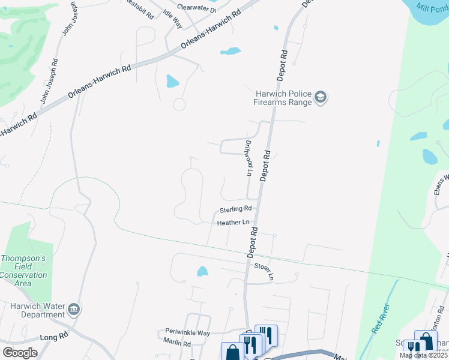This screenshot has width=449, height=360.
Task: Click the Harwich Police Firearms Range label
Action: (283, 98)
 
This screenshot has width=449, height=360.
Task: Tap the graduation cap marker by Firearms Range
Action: (321, 98)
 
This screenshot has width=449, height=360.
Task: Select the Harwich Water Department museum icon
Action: (74, 309)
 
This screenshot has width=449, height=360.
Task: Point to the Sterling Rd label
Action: (235, 209)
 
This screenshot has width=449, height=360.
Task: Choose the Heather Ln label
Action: (233, 223)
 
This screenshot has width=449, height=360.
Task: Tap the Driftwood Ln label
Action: (248, 158)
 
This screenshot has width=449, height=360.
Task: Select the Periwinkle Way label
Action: (188, 332)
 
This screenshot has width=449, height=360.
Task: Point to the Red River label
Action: (381, 319)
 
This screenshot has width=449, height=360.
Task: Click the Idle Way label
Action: (173, 18)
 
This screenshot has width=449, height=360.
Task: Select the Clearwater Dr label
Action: (196, 10)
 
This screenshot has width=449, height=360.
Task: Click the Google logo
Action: (20, 352)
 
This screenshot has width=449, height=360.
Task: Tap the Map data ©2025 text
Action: (423, 355)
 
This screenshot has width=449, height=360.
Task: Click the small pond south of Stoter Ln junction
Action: (202, 272)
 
